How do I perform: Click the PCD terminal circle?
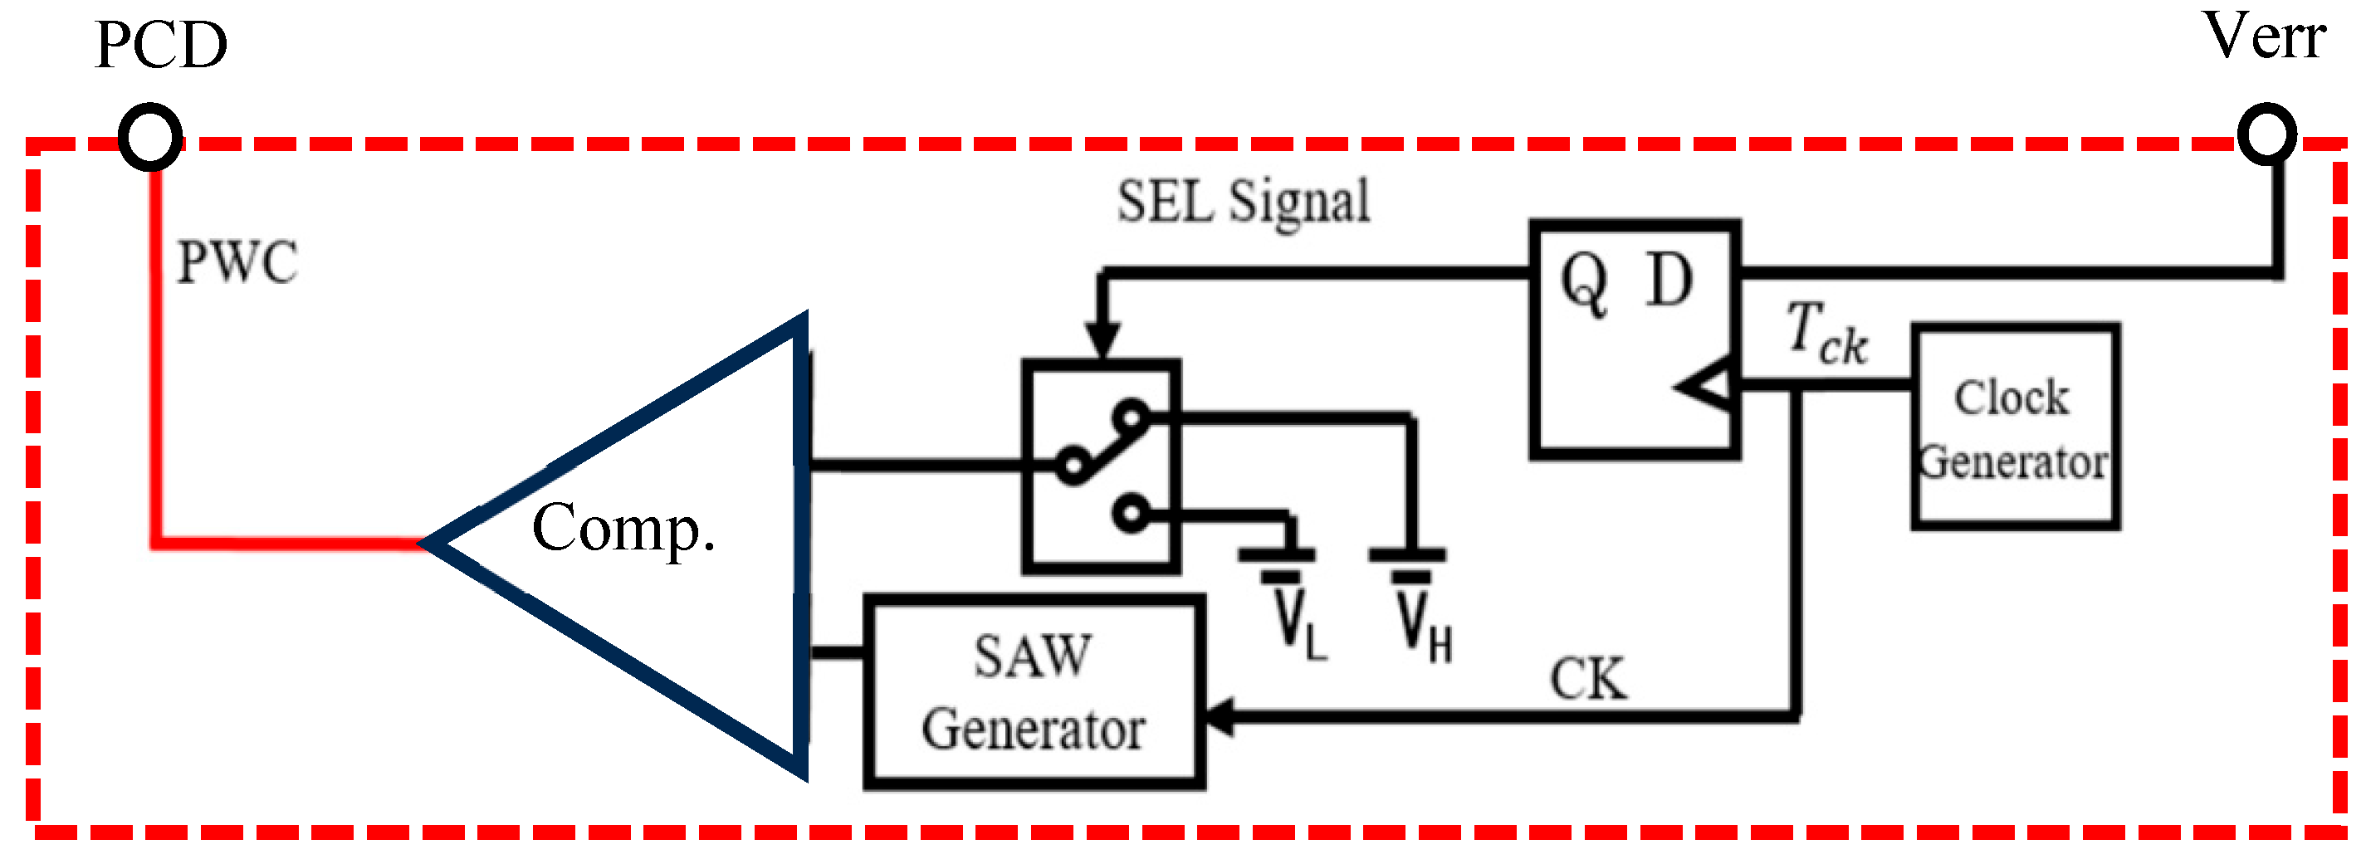tap(149, 137)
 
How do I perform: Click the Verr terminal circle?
tap(2267, 135)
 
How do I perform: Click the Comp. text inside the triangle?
tap(623, 528)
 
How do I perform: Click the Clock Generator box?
tap(2015, 427)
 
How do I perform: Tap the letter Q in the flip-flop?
tap(1584, 282)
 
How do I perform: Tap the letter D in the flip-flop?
tap(1669, 281)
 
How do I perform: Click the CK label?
tap(1588, 679)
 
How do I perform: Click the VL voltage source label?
tap(1298, 625)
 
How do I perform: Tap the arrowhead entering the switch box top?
tap(1102, 340)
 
